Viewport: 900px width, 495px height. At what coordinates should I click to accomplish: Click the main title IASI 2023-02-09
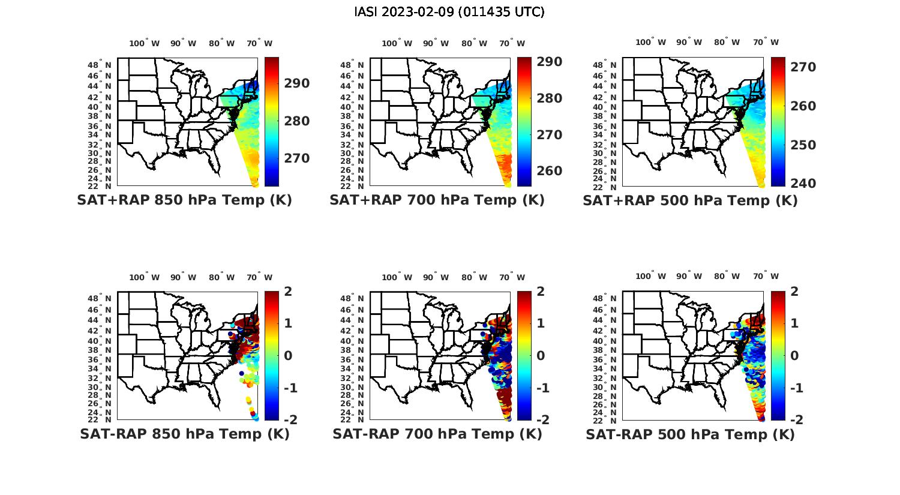[x=449, y=12]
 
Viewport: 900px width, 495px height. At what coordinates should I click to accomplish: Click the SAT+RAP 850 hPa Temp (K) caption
[x=184, y=200]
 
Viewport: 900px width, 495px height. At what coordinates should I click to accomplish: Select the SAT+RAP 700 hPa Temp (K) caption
[x=437, y=200]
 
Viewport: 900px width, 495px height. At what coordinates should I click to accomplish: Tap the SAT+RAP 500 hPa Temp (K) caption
[x=690, y=201]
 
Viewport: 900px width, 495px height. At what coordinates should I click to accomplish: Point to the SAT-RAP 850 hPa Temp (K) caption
[x=184, y=434]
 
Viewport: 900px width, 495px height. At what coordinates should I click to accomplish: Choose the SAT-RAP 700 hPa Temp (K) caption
[x=437, y=434]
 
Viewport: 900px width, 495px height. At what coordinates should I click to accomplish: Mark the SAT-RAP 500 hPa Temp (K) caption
[x=690, y=434]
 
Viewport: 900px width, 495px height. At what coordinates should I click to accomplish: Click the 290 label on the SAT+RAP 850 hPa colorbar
[x=298, y=83]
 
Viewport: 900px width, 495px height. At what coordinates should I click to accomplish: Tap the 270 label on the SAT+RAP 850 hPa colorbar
[x=298, y=158]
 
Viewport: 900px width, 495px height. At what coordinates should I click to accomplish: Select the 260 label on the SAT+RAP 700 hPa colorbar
[x=550, y=171]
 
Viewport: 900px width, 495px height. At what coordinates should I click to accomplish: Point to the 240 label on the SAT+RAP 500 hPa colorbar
[x=803, y=184]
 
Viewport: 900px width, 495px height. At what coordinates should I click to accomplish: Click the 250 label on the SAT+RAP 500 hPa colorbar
[x=803, y=145]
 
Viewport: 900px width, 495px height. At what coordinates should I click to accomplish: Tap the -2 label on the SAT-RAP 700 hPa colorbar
[x=541, y=420]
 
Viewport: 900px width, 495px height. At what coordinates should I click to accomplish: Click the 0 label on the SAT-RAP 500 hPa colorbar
[x=794, y=356]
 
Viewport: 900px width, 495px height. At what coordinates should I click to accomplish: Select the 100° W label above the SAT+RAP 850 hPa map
[x=145, y=43]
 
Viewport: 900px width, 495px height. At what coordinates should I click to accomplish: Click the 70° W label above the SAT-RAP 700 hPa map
[x=512, y=277]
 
